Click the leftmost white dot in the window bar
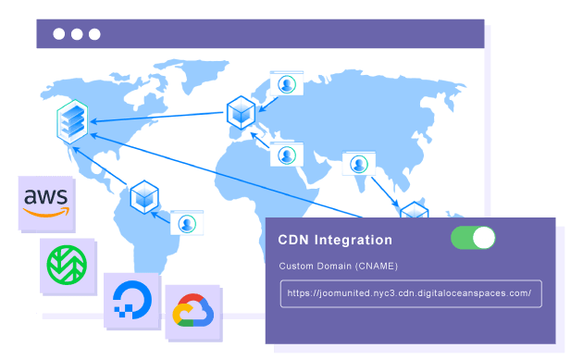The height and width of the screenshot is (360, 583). (58, 34)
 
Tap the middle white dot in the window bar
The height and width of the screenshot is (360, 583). (76, 34)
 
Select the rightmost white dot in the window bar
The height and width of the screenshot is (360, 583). (93, 34)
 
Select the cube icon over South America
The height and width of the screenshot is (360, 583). (144, 195)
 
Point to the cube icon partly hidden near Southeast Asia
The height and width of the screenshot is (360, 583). (414, 213)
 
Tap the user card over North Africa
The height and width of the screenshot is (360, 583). (287, 154)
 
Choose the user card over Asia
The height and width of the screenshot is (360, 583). (357, 164)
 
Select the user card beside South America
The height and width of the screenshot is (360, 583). (187, 222)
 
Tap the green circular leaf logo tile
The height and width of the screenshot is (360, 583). (67, 264)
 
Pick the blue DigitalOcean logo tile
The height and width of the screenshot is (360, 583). (130, 298)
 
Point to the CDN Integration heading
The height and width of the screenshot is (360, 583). (335, 240)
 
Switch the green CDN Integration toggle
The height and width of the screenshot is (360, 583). (473, 238)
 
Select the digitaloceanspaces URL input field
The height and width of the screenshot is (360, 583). (410, 293)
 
